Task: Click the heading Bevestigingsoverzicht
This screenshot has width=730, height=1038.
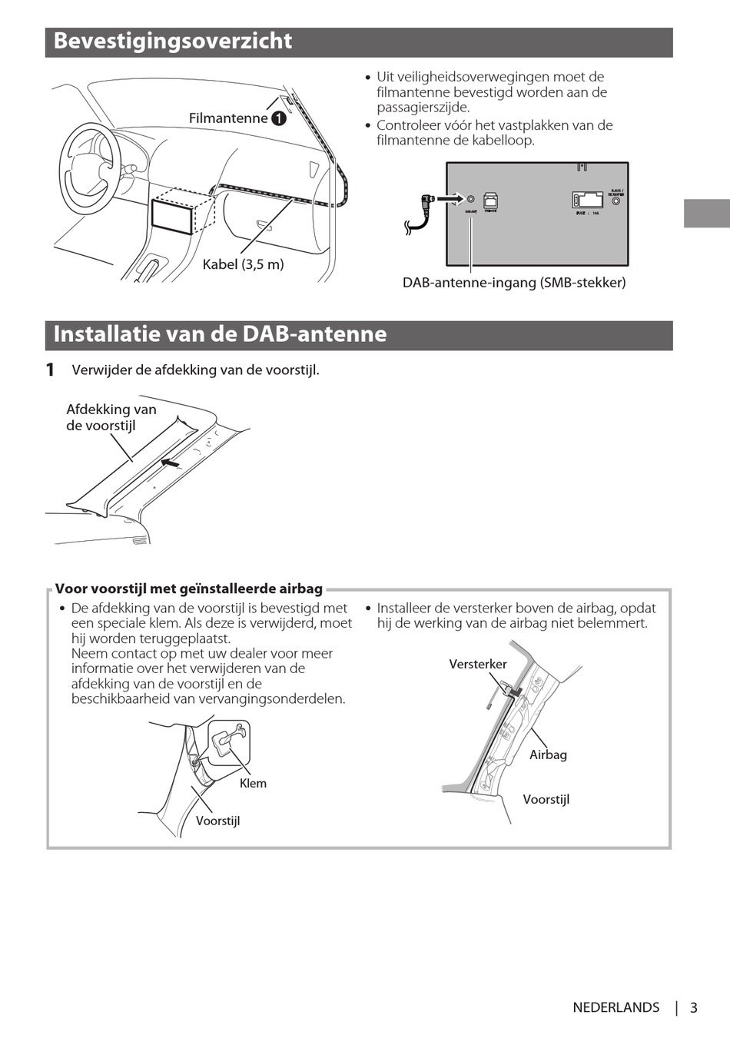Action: coord(173,41)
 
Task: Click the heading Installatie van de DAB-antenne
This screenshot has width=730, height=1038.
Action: coord(220,334)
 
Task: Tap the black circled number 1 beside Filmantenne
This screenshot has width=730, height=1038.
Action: coord(278,118)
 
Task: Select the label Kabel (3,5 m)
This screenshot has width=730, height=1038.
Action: coord(243,264)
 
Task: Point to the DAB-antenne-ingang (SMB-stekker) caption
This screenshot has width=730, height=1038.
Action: coord(514,283)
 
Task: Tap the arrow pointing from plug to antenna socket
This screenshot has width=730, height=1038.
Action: coord(454,198)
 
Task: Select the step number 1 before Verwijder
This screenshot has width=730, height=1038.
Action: coord(50,370)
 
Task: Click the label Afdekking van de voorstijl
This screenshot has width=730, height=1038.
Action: coord(111,417)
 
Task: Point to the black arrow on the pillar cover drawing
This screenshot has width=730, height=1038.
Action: coord(171,463)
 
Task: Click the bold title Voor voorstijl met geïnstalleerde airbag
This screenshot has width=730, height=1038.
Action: coord(189,589)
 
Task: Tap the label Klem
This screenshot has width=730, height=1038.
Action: coord(253,784)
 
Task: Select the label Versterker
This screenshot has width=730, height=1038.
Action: coord(478,664)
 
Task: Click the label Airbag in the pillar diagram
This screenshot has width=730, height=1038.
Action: coord(548,754)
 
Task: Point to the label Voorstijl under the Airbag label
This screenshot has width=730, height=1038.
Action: coord(546,799)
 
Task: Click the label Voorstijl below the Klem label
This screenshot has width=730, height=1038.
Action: coord(217,821)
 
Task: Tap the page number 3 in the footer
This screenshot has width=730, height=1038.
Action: coord(693,1008)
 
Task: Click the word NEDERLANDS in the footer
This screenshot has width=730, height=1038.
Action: coord(616,1008)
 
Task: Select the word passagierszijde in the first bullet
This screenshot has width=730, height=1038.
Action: coord(423,108)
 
